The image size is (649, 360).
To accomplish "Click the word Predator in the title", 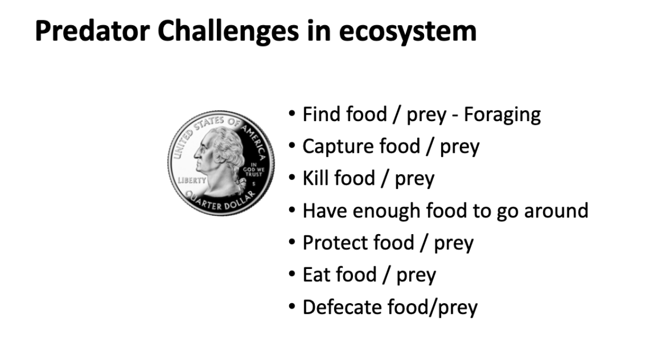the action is point(93,31).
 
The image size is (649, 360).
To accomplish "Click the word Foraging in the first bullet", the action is point(502,115).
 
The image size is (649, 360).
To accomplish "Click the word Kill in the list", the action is point(315,178).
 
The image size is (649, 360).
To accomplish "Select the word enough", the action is point(387,211).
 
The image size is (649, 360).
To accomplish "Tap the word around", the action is point(556,211).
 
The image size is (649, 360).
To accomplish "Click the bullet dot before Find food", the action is point(292,114).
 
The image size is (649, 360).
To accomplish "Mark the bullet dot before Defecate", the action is point(292,306).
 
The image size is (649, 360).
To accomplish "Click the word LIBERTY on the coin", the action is point(192,181).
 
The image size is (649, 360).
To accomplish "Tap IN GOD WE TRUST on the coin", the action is point(254,170).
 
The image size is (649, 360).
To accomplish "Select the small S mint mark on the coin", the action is point(254,184).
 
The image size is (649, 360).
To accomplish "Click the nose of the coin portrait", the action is point(196,154).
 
